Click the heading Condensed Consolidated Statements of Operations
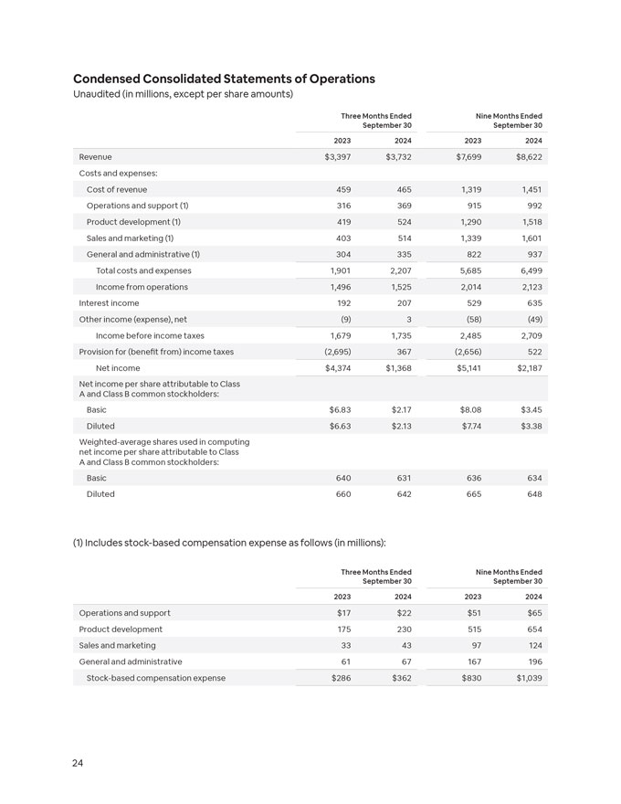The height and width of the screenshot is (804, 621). (224, 79)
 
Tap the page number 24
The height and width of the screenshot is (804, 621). (79, 763)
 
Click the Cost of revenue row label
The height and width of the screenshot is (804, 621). (117, 189)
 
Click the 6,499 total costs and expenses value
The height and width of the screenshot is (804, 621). (529, 270)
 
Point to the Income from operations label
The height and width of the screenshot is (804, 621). (142, 287)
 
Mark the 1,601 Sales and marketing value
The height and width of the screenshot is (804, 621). (529, 238)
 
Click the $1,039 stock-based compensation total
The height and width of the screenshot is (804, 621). (528, 678)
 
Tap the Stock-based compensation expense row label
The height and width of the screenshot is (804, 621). (155, 678)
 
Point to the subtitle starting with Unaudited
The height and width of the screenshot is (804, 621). (183, 94)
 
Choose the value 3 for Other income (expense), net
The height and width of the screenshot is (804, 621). (408, 320)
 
